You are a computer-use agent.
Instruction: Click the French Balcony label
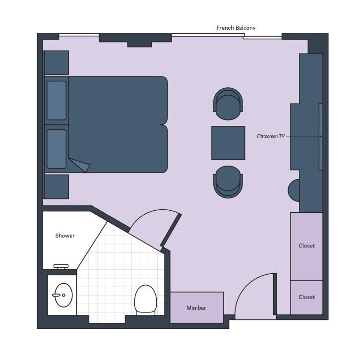click(x=236, y=28)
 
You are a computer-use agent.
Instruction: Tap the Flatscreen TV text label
click(x=271, y=136)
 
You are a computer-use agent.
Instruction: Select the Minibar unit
click(x=197, y=307)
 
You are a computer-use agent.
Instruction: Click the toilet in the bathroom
click(x=145, y=299)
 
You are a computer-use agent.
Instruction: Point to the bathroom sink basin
click(x=63, y=295)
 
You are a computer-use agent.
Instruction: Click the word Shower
click(x=65, y=236)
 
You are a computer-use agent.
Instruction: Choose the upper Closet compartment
click(x=306, y=246)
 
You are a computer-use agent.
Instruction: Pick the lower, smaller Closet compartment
click(x=306, y=297)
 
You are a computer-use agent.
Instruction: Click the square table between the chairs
click(x=228, y=143)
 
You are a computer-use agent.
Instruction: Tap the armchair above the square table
click(x=228, y=104)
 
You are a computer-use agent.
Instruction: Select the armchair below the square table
click(x=228, y=181)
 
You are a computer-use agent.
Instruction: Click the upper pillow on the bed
click(x=57, y=101)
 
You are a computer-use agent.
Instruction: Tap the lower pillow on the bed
click(x=57, y=149)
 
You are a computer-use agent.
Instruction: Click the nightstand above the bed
click(x=56, y=62)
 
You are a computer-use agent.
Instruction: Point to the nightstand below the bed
click(x=56, y=186)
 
